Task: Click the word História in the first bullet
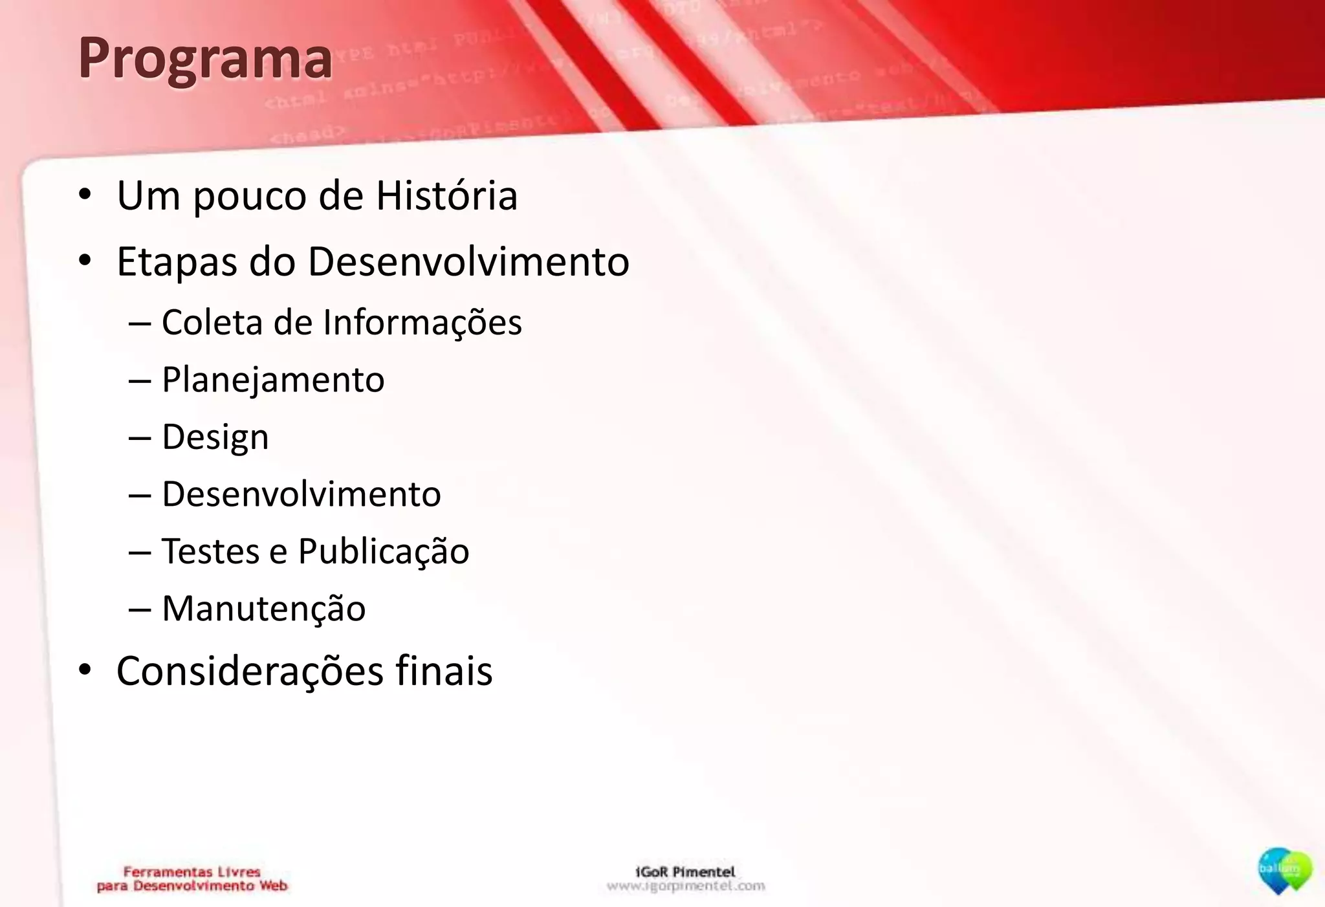[446, 195]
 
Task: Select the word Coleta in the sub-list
[212, 322]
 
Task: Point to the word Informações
[422, 322]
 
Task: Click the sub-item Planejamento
[273, 380]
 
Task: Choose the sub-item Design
[215, 437]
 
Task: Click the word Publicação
[383, 551]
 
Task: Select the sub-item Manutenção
[263, 609]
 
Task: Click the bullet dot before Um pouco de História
[85, 195]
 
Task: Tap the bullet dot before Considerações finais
[85, 670]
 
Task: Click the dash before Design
[140, 438]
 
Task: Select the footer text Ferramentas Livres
[192, 872]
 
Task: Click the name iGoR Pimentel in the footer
[685, 871]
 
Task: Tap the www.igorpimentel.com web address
[686, 886]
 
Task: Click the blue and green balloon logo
[1284, 871]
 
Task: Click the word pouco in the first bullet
[249, 197]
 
